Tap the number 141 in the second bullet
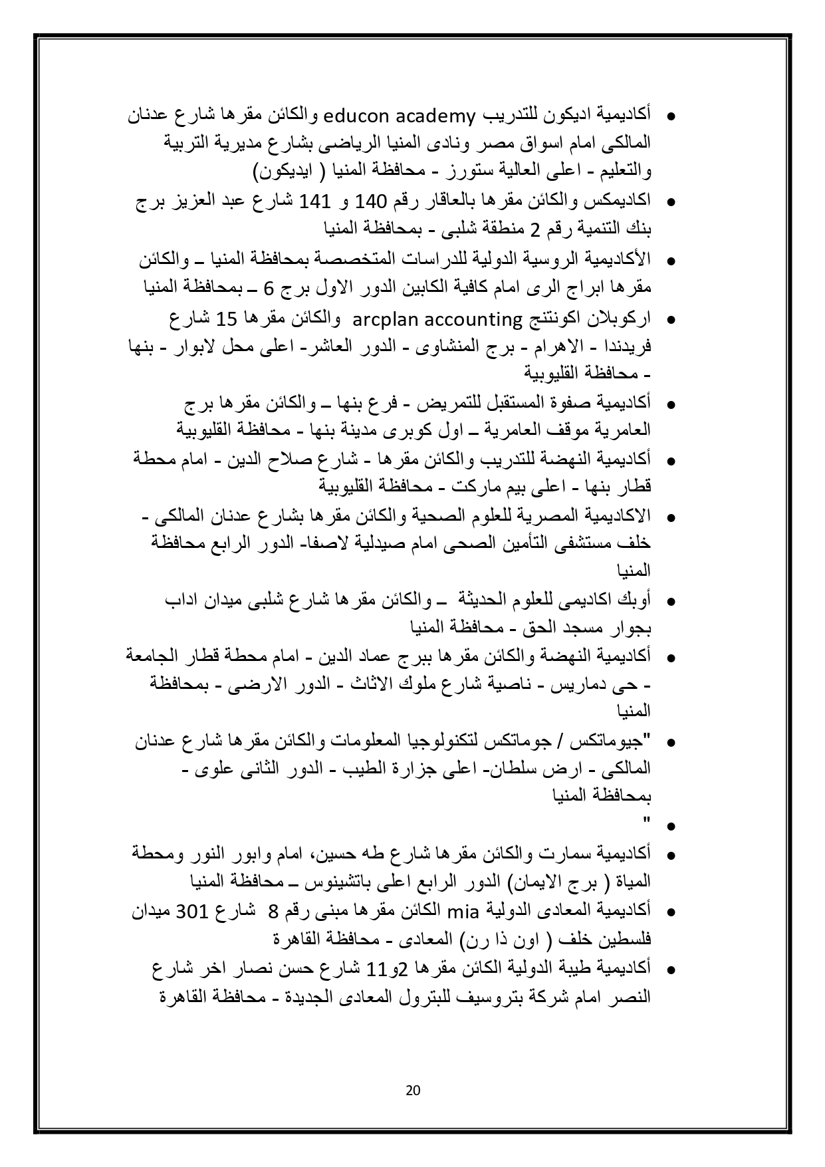[x=311, y=201]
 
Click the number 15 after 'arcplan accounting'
[x=226, y=319]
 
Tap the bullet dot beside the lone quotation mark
[x=670, y=827]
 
